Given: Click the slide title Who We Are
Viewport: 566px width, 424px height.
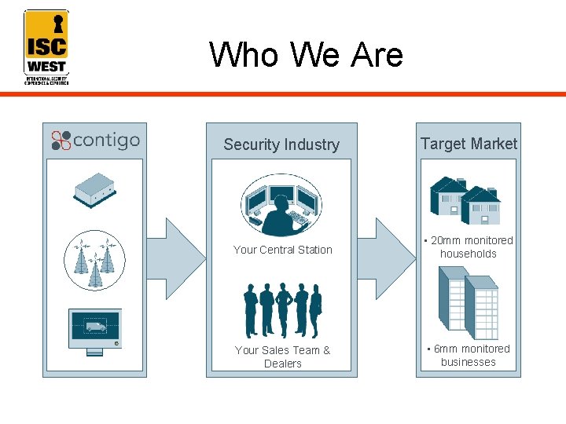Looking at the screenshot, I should point(306,55).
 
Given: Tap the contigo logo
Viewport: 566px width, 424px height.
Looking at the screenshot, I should point(95,141).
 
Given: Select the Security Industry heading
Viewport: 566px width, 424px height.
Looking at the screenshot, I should point(281,144).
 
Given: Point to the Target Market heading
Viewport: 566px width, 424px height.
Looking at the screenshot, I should point(469,144).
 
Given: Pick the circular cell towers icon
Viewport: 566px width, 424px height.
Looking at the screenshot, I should point(95,259).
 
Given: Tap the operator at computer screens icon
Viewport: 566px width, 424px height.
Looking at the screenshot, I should point(281,204).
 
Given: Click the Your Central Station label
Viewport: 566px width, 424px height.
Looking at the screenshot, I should point(283,250).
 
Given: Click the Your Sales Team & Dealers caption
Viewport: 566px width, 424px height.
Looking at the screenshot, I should point(283,356).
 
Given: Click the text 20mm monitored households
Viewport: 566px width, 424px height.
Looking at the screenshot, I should point(469,247).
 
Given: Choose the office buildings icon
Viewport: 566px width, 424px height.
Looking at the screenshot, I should point(469,303).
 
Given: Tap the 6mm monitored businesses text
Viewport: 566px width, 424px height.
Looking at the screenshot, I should point(469,356).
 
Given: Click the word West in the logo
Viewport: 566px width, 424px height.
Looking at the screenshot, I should point(46,66).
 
